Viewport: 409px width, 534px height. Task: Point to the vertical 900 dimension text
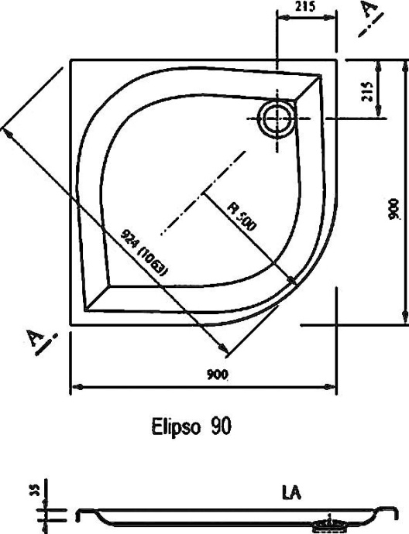(394, 207)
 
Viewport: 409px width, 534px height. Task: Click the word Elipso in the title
(170, 426)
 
